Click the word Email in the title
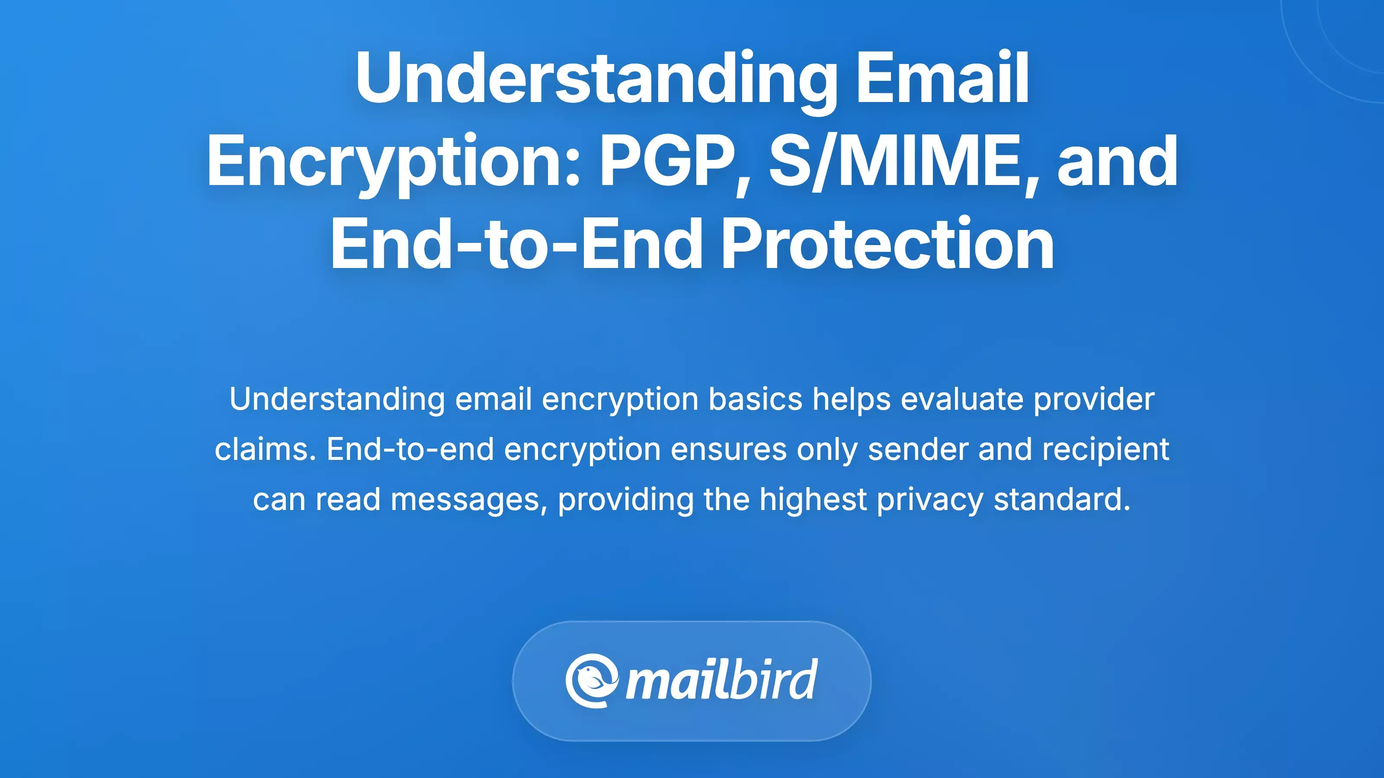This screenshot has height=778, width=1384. (x=942, y=78)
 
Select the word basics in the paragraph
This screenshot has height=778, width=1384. (x=755, y=399)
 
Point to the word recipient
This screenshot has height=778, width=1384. (x=1106, y=450)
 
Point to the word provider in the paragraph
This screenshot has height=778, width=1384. (x=1094, y=399)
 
